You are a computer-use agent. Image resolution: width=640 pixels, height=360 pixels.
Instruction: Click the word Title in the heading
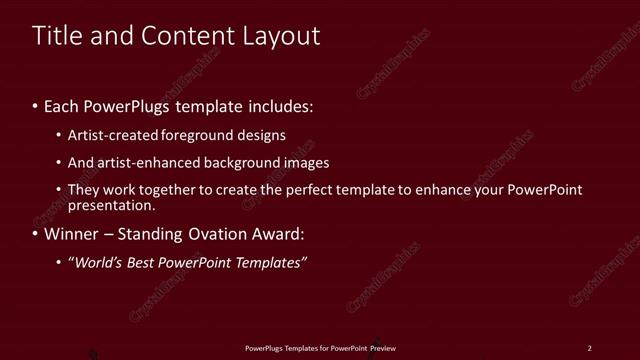[56, 36]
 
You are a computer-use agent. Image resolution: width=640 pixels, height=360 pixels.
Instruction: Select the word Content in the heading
[176, 36]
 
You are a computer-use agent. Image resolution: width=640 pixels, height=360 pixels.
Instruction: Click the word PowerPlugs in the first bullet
[128, 105]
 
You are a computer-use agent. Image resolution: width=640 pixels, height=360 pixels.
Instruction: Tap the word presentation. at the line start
[112, 205]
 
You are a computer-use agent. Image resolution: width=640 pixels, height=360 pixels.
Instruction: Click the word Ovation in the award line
[216, 235]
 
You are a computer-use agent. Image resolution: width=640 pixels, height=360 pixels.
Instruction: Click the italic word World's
[99, 262]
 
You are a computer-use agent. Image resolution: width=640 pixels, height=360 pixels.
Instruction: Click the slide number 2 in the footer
[589, 348]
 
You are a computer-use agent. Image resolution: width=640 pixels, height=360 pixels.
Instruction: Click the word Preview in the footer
[383, 348]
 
